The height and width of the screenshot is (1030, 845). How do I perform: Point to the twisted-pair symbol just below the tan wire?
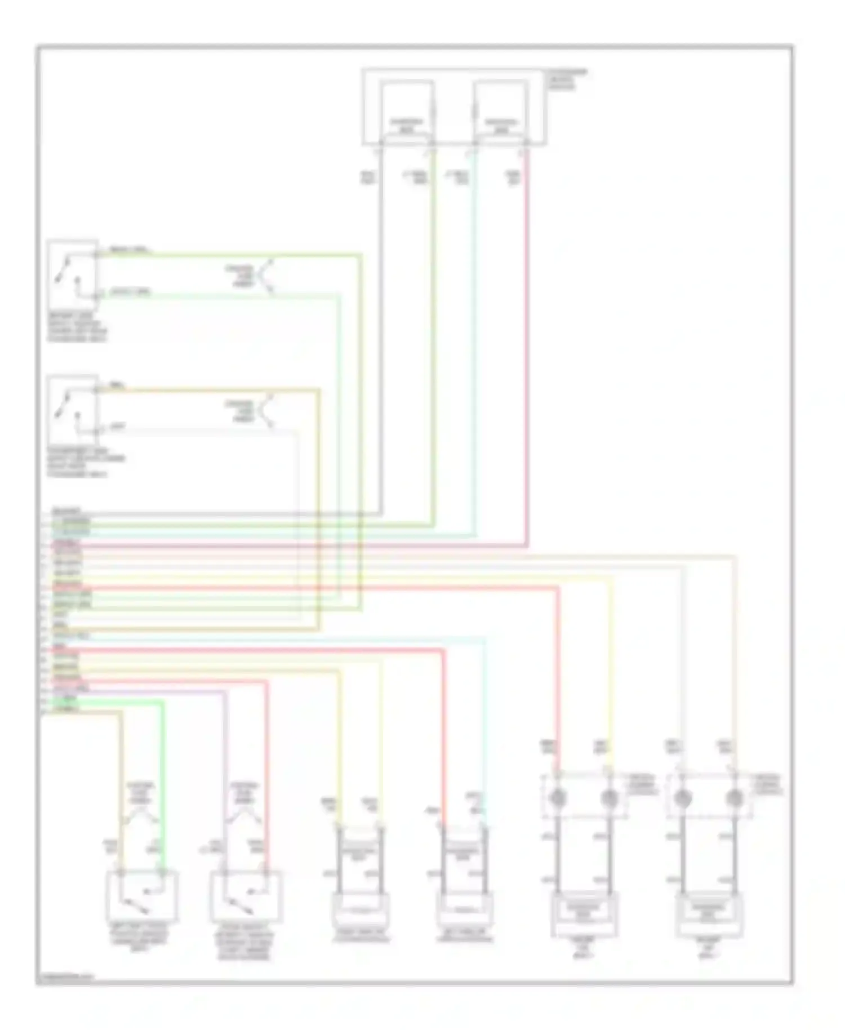point(265,411)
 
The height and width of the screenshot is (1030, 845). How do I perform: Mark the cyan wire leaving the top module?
point(475,338)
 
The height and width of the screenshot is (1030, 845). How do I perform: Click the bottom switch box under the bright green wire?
point(142,895)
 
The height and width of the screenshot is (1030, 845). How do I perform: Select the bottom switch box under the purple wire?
point(246,895)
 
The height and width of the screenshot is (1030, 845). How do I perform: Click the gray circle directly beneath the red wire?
point(558,798)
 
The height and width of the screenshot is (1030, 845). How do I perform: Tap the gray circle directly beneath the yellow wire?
point(609,798)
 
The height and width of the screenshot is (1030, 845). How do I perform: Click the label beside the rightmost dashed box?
point(769,784)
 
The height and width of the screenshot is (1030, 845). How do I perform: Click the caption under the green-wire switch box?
point(77,328)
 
